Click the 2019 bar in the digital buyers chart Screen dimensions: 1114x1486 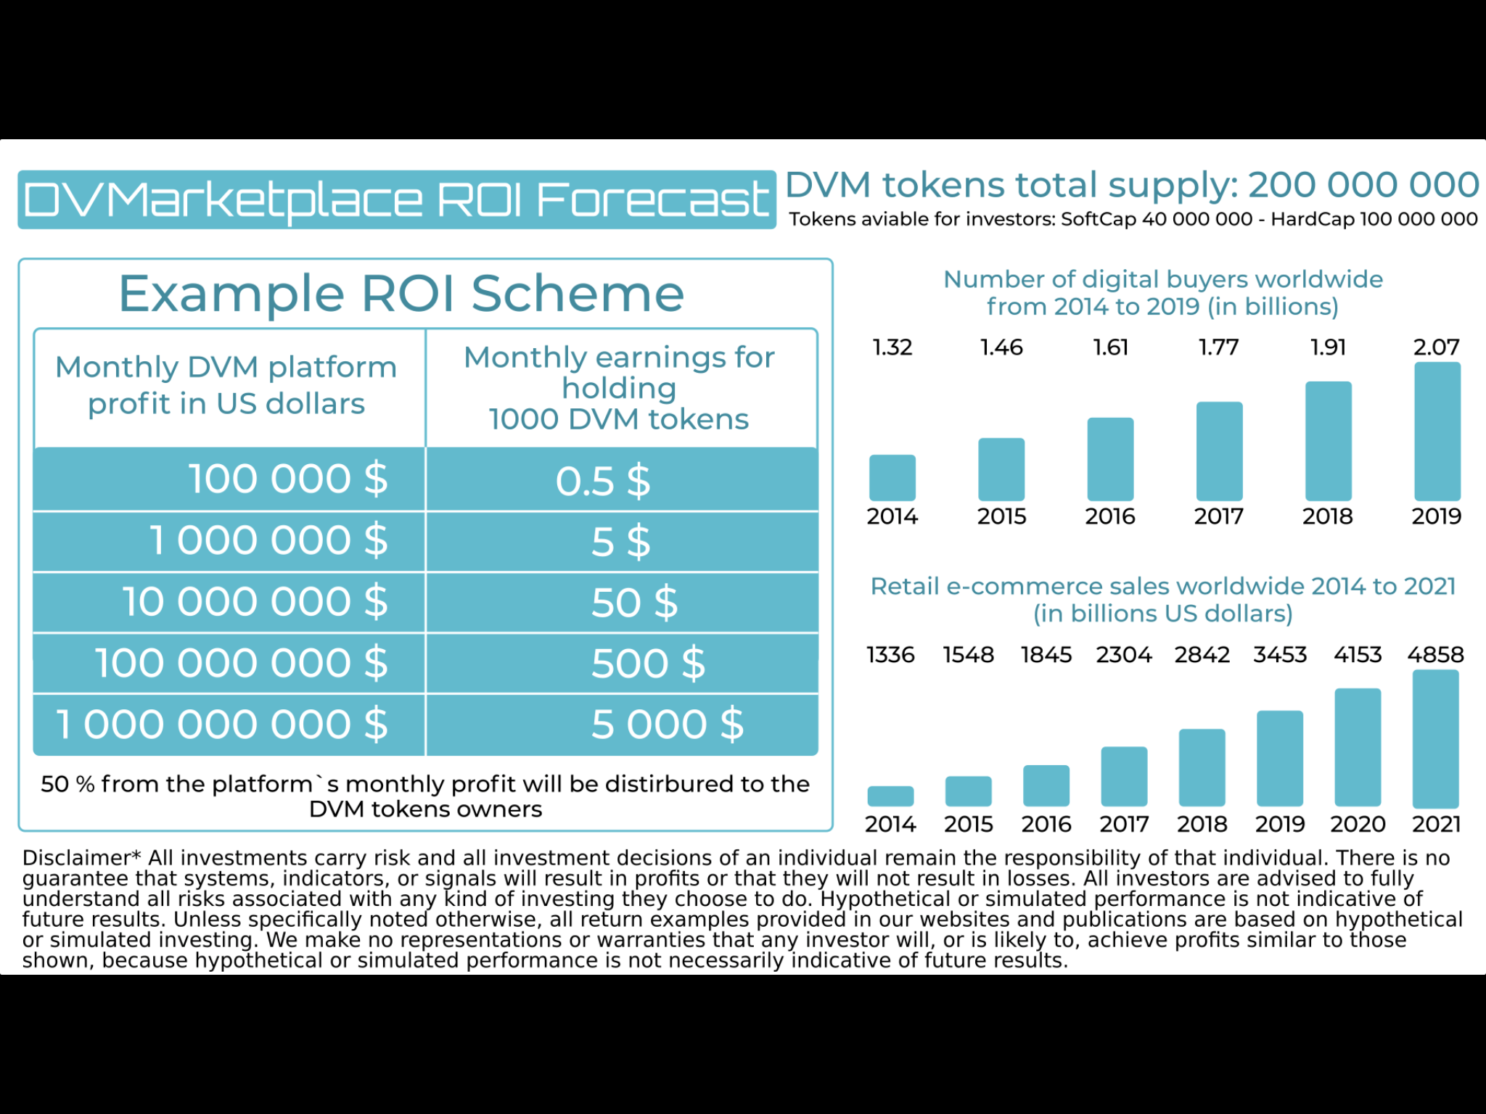click(1437, 432)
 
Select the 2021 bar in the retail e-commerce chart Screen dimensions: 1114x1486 click(1435, 738)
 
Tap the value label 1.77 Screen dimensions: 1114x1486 click(1219, 347)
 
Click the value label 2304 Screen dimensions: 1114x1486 click(1124, 655)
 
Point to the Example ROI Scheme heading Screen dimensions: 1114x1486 click(401, 294)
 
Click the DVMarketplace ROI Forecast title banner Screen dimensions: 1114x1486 click(396, 199)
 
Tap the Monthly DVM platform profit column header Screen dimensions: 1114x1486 click(226, 385)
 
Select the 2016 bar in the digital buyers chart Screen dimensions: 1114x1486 click(1110, 459)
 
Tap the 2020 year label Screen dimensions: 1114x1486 click(1358, 825)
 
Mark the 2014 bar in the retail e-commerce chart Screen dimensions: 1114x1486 click(890, 796)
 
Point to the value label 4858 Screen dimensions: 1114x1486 click(1435, 655)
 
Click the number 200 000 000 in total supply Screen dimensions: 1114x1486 click(1363, 185)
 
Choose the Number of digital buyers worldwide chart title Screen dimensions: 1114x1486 click(1163, 292)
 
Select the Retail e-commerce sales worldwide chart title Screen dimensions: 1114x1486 click(1163, 599)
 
